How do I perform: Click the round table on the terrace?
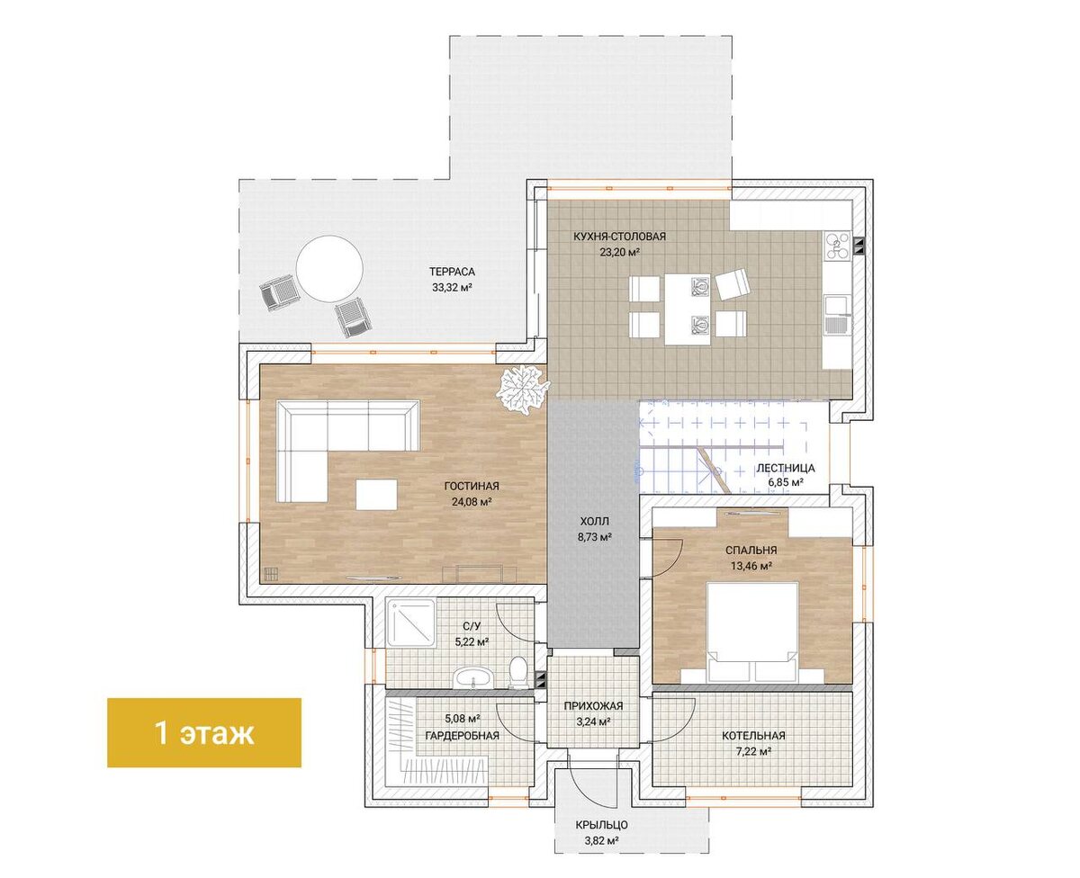[x=329, y=268]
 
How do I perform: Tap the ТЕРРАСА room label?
[x=452, y=272]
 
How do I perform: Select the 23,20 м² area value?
[x=619, y=252]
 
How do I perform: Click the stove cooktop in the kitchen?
[x=837, y=246]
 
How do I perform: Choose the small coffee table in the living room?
[x=376, y=494]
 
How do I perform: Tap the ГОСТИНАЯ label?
[x=472, y=486]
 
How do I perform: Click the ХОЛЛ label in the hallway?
[x=594, y=522]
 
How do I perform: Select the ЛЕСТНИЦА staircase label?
[x=786, y=468]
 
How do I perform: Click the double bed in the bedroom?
[x=751, y=632]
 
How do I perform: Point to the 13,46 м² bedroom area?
[x=751, y=566]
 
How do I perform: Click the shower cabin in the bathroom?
[x=410, y=623]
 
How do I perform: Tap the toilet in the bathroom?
[x=517, y=672]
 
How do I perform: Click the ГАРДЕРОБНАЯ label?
[x=462, y=736]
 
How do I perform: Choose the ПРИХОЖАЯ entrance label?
[x=593, y=706]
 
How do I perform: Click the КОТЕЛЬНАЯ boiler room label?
[x=753, y=736]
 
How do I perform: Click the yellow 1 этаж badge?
[x=203, y=732]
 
